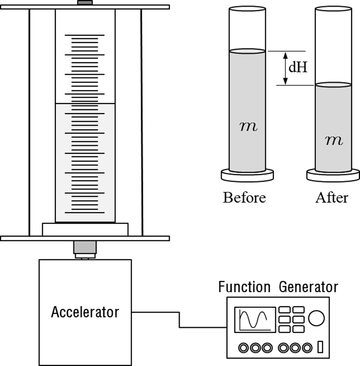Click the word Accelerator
click(85, 312)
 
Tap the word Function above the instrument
click(244, 287)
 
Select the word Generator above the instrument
click(308, 287)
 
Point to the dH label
click(298, 68)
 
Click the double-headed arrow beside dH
click(285, 68)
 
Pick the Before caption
click(244, 198)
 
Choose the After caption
click(332, 198)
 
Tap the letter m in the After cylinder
click(334, 141)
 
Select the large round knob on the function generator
click(316, 318)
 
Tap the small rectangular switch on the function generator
click(321, 347)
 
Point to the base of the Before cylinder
click(247, 175)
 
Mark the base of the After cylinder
click(333, 175)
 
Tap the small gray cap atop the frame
click(85, 3)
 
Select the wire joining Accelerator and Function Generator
click(179, 319)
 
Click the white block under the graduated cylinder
click(85, 229)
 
